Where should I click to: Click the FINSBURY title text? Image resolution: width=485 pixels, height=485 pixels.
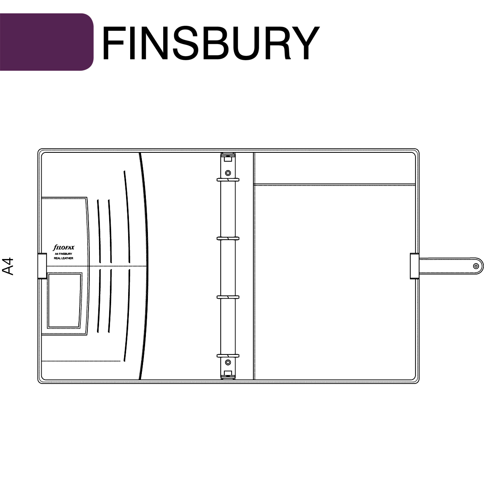(211, 43)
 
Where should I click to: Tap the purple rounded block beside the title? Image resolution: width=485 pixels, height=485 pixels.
(46, 42)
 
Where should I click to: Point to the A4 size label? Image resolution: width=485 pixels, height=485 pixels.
(8, 266)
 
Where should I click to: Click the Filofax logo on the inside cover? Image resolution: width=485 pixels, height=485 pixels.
(63, 248)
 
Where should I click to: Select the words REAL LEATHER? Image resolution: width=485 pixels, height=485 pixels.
(63, 258)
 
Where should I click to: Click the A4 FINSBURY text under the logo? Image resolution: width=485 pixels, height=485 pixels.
(63, 254)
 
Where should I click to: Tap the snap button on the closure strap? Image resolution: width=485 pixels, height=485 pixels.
(476, 266)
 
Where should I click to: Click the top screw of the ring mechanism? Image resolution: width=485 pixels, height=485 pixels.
(228, 173)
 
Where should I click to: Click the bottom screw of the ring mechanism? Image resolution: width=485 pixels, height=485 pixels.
(228, 363)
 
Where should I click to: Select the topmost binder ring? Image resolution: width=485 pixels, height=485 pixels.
(228, 180)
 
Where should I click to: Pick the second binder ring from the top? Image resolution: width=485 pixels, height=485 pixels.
(228, 238)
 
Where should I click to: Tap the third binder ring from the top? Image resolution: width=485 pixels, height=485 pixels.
(228, 297)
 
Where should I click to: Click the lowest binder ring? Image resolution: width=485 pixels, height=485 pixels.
(228, 356)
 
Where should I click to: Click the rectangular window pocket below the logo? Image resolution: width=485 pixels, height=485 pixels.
(65, 301)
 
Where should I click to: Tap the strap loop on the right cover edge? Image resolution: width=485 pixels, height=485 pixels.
(415, 266)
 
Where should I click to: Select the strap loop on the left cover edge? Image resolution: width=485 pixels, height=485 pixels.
(42, 266)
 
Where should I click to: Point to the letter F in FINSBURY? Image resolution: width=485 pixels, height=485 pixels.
(114, 43)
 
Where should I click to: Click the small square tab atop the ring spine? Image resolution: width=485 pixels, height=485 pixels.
(228, 159)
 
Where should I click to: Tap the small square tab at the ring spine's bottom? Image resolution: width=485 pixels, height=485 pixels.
(228, 373)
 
